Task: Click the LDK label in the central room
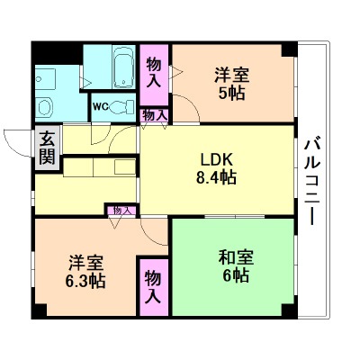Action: [216, 161]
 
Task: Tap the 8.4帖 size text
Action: [216, 177]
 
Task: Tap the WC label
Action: [100, 106]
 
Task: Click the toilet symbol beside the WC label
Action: [121, 105]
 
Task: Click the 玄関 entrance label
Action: [44, 149]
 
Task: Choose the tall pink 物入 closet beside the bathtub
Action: [153, 71]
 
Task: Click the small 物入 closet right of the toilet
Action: [154, 115]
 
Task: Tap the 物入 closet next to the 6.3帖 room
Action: [154, 286]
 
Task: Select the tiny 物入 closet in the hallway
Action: [121, 211]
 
